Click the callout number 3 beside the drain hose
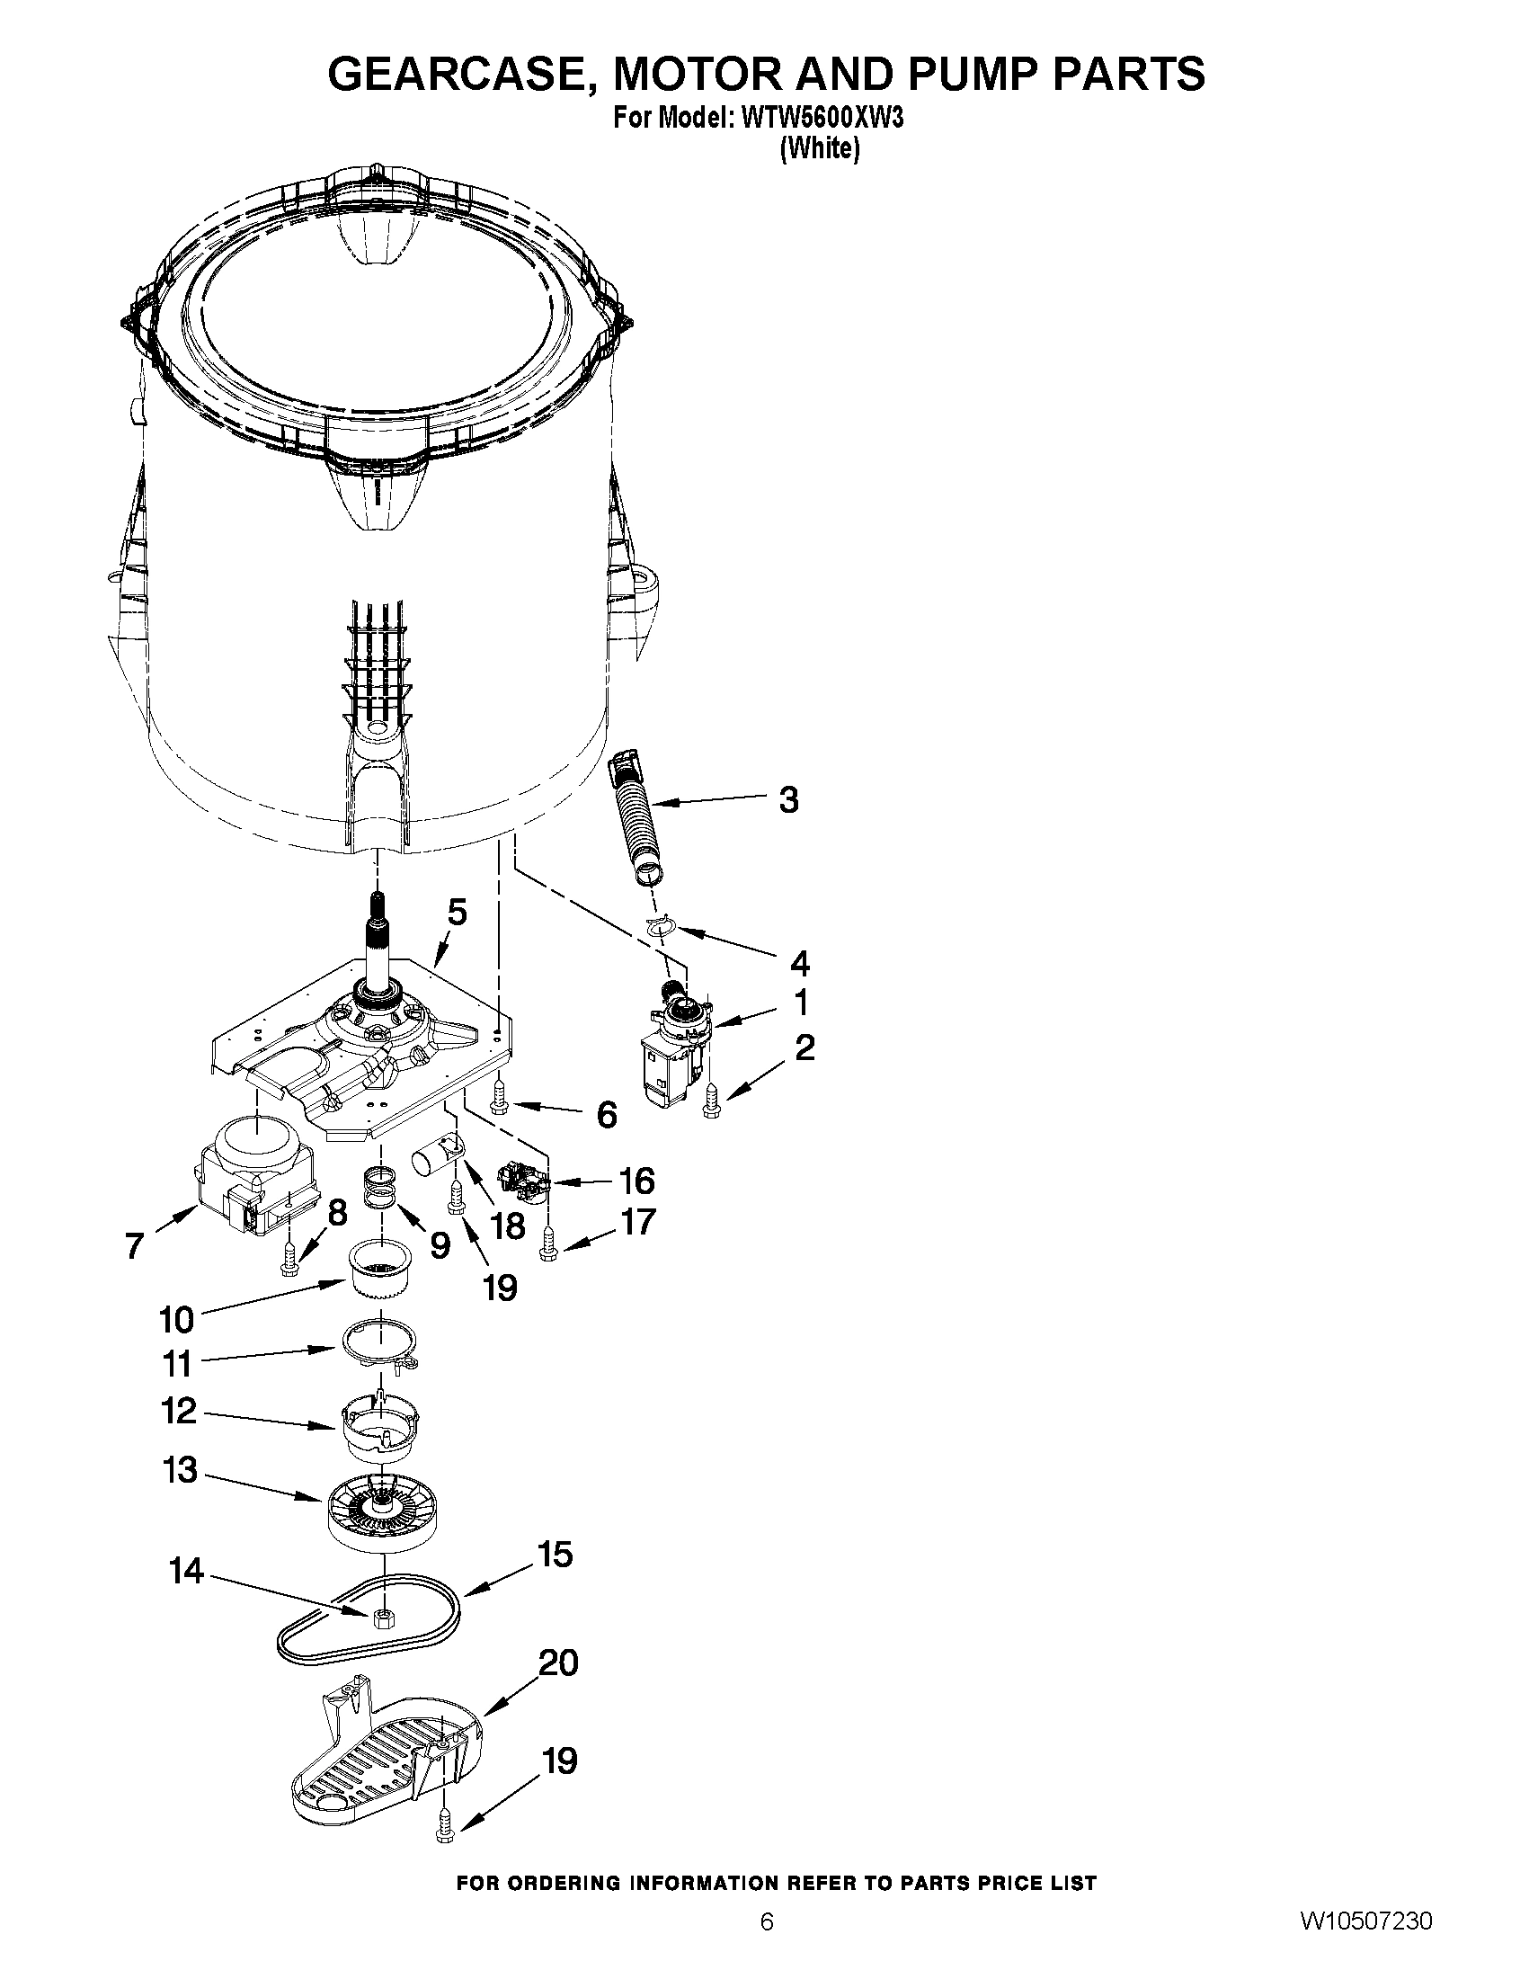(x=788, y=800)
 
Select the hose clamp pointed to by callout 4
(x=662, y=925)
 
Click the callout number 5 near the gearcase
(x=458, y=913)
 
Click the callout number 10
(x=177, y=1319)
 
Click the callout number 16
(x=636, y=1181)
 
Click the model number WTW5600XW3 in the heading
(x=822, y=119)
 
